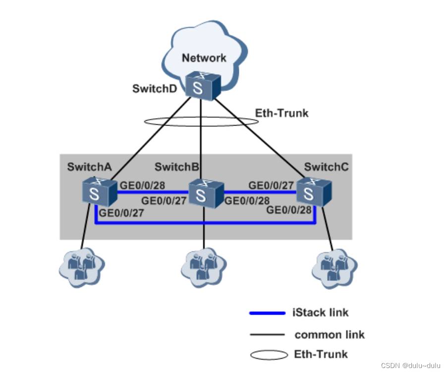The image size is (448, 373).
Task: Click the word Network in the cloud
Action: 204,58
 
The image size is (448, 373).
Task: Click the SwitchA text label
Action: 89,167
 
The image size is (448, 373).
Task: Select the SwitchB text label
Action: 177,167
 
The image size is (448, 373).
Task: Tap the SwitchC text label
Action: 326,167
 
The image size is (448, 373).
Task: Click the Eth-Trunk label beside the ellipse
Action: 281,113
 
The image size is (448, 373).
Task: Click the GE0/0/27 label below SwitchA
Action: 121,214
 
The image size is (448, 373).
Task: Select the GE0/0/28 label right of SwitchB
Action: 247,201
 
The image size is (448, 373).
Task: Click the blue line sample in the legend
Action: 268,313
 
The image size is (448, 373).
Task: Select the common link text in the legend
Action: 330,335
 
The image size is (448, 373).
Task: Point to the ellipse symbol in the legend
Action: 269,355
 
